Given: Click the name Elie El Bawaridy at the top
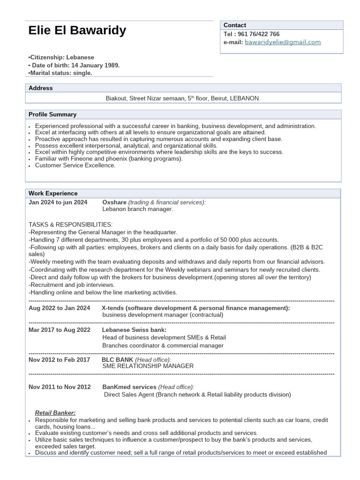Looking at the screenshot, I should [77, 30].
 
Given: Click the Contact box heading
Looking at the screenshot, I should [234, 25].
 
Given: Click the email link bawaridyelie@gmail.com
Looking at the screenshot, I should [283, 42].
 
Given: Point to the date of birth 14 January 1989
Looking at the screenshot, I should [95, 65].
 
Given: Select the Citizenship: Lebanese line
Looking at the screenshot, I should [61, 57].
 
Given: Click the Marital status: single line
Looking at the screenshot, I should [60, 73].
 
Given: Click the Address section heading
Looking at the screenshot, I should [41, 88].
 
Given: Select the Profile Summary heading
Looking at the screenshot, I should [52, 114].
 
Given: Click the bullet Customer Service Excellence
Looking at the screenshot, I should [75, 165].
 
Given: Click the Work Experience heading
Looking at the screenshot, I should [53, 193].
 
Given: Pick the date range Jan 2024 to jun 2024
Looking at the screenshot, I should [58, 202].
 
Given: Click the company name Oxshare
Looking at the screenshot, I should [114, 202].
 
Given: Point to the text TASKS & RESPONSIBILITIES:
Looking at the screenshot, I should [70, 225].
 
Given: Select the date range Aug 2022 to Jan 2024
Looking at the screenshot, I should [59, 308].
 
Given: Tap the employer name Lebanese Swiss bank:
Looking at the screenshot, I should [134, 330].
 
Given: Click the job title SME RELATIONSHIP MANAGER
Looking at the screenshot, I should [148, 366].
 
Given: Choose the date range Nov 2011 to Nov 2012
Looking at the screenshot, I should [60, 387].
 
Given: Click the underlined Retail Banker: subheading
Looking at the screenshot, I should [55, 413].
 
